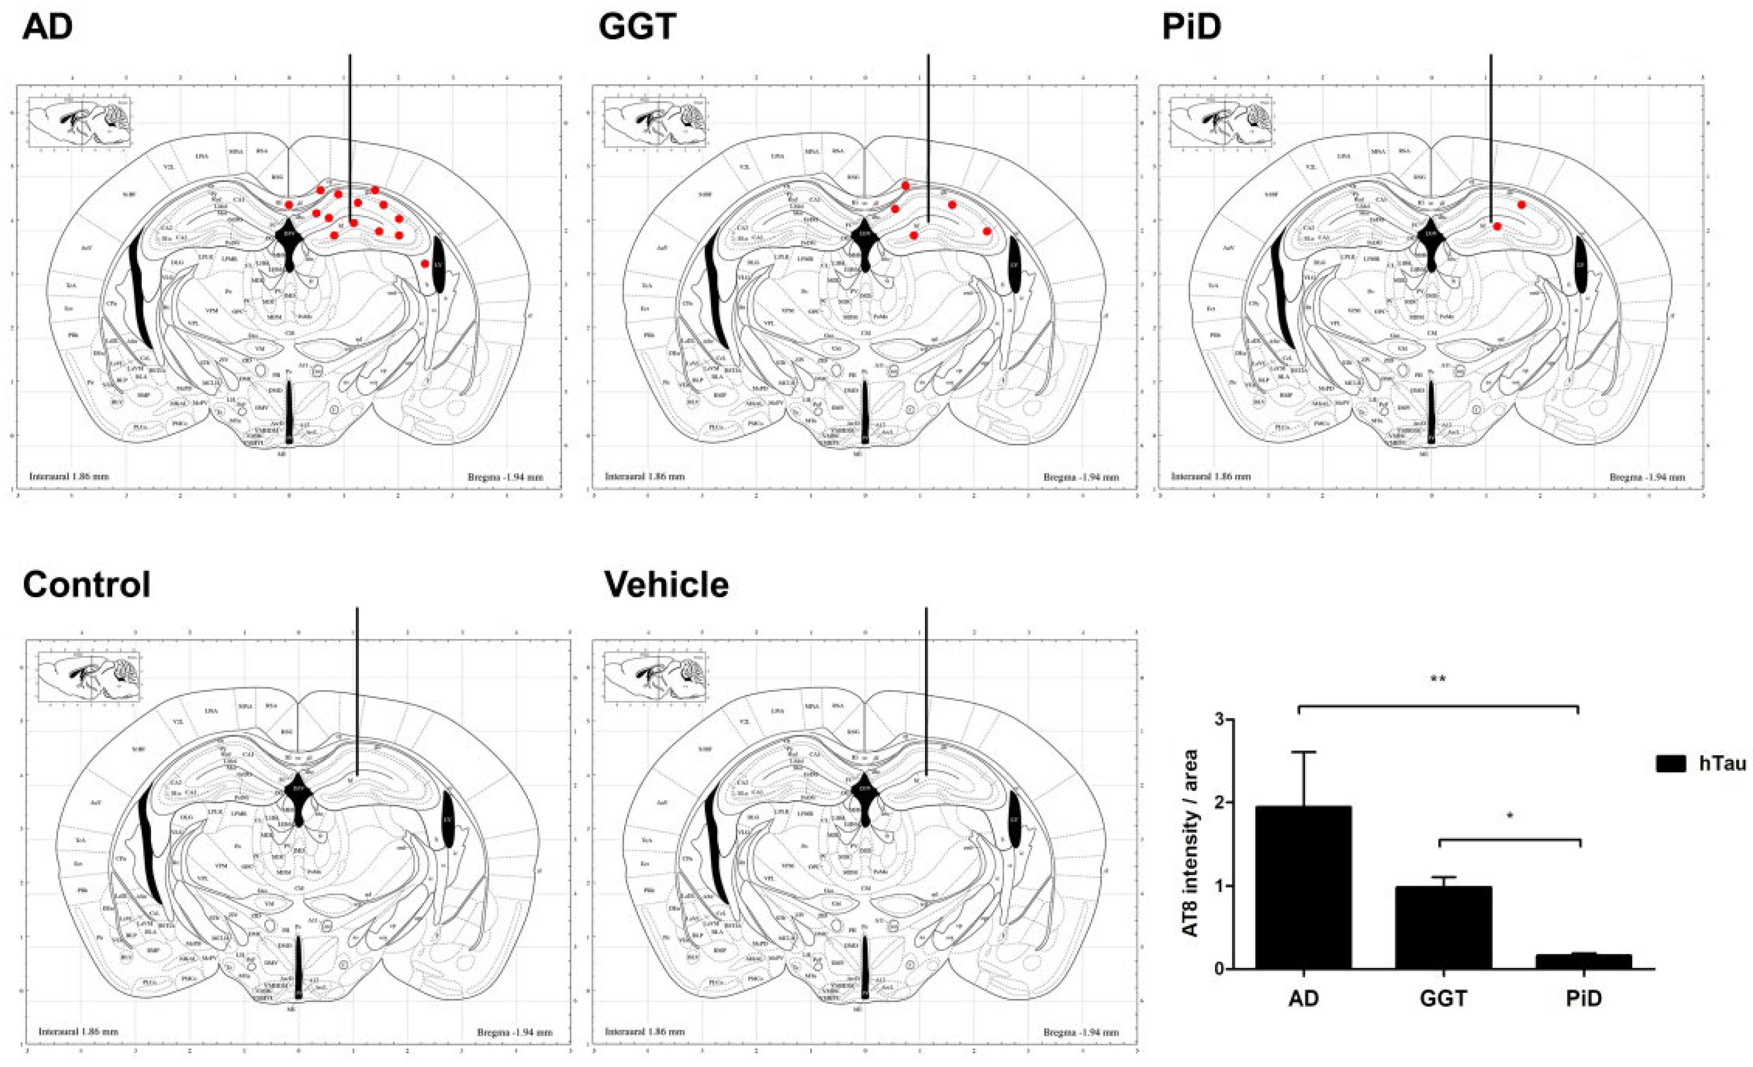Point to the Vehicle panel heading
pyautogui.click(x=667, y=585)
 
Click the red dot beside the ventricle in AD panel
pyautogui.click(x=425, y=264)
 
